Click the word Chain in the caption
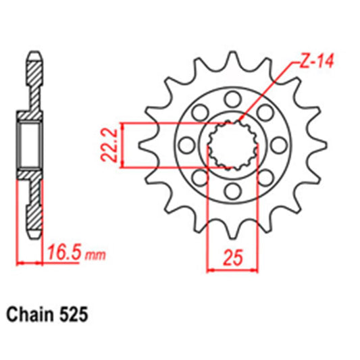pos(32,315)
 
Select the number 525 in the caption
pos(74,315)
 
